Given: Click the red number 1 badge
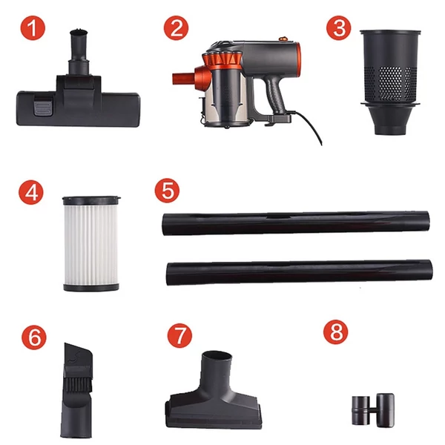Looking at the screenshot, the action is (x=33, y=28).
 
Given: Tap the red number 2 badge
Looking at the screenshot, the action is (x=176, y=28).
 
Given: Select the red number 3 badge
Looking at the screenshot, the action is (x=339, y=28).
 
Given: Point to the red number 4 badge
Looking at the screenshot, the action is (x=31, y=192).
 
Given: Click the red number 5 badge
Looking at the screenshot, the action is (x=167, y=190).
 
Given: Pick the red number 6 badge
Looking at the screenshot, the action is (x=34, y=337).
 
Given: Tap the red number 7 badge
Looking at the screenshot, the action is (x=179, y=335).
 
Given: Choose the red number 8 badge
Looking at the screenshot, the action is (x=336, y=332).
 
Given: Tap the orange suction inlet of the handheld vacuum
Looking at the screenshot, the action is (x=184, y=78).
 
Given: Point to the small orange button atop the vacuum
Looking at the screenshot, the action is (x=282, y=38).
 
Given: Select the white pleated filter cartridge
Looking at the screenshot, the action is (x=91, y=244).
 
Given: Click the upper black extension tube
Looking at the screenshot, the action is (x=296, y=223).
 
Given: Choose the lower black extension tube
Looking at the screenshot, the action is (x=300, y=273).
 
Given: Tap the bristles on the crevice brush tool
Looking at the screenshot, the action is (x=77, y=383).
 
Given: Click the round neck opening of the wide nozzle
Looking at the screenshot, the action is (x=217, y=356).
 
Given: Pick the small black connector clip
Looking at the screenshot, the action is (x=373, y=410).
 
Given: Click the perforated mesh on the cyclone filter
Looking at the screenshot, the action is (x=392, y=83).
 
